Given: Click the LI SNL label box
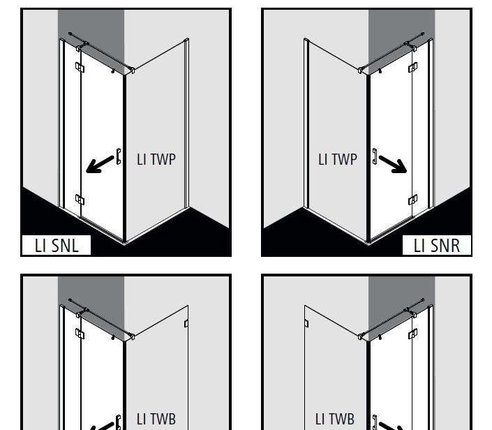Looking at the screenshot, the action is [57, 245].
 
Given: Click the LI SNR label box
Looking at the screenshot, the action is [436, 245].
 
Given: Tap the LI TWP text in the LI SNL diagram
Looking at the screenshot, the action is [156, 159].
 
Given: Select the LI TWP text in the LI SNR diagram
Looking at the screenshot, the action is [338, 159].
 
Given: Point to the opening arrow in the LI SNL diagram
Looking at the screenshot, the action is [100, 165].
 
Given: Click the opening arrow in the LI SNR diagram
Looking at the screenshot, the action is [393, 165].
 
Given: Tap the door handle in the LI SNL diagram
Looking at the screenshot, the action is [119, 156].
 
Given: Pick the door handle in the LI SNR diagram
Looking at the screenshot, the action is [375, 156].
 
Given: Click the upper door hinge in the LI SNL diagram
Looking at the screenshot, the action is [80, 68].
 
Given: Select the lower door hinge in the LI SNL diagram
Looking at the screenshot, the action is [80, 200].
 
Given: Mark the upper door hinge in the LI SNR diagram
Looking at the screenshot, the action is [413, 68].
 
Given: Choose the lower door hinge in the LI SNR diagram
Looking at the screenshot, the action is [413, 200].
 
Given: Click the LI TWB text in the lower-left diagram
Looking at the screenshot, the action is [156, 419].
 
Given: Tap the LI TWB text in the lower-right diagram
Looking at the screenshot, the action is [335, 419].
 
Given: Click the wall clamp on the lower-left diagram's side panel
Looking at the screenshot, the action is [186, 323].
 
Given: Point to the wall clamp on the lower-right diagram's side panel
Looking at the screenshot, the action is [306, 323].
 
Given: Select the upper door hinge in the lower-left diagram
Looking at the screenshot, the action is [80, 334].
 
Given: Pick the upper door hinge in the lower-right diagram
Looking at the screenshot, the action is [413, 334].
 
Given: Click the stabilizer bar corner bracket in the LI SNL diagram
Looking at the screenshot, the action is [132, 71].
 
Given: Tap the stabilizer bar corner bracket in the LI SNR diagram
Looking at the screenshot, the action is [361, 71].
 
